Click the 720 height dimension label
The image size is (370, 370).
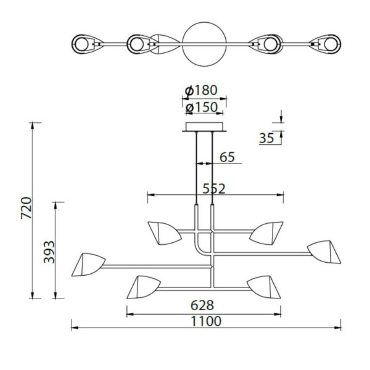point(26,208)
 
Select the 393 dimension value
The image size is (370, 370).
point(49,252)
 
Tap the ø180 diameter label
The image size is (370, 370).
point(201,90)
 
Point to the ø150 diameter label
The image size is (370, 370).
point(202,107)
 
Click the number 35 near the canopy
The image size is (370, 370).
point(267,138)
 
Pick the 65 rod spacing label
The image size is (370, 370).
point(227,157)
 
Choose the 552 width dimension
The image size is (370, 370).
point(214,189)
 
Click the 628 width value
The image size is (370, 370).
point(202,305)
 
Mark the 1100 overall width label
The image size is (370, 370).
point(206,321)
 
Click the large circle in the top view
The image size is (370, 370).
point(204,22)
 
